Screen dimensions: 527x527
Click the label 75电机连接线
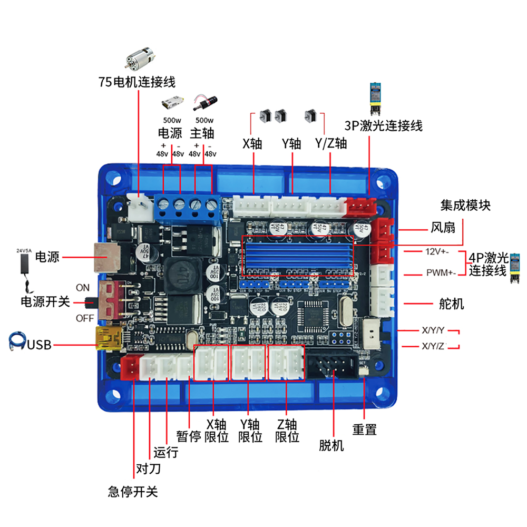click(136, 82)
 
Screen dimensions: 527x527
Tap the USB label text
click(39, 345)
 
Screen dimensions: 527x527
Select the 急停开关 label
click(132, 492)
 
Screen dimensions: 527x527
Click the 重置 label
click(365, 430)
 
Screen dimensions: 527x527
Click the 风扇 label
click(443, 228)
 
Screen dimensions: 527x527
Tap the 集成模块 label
click(465, 204)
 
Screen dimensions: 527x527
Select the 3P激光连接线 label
click(383, 126)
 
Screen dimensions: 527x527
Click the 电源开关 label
click(45, 302)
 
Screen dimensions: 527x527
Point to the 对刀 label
click(149, 469)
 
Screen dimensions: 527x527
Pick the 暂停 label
click(189, 436)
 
